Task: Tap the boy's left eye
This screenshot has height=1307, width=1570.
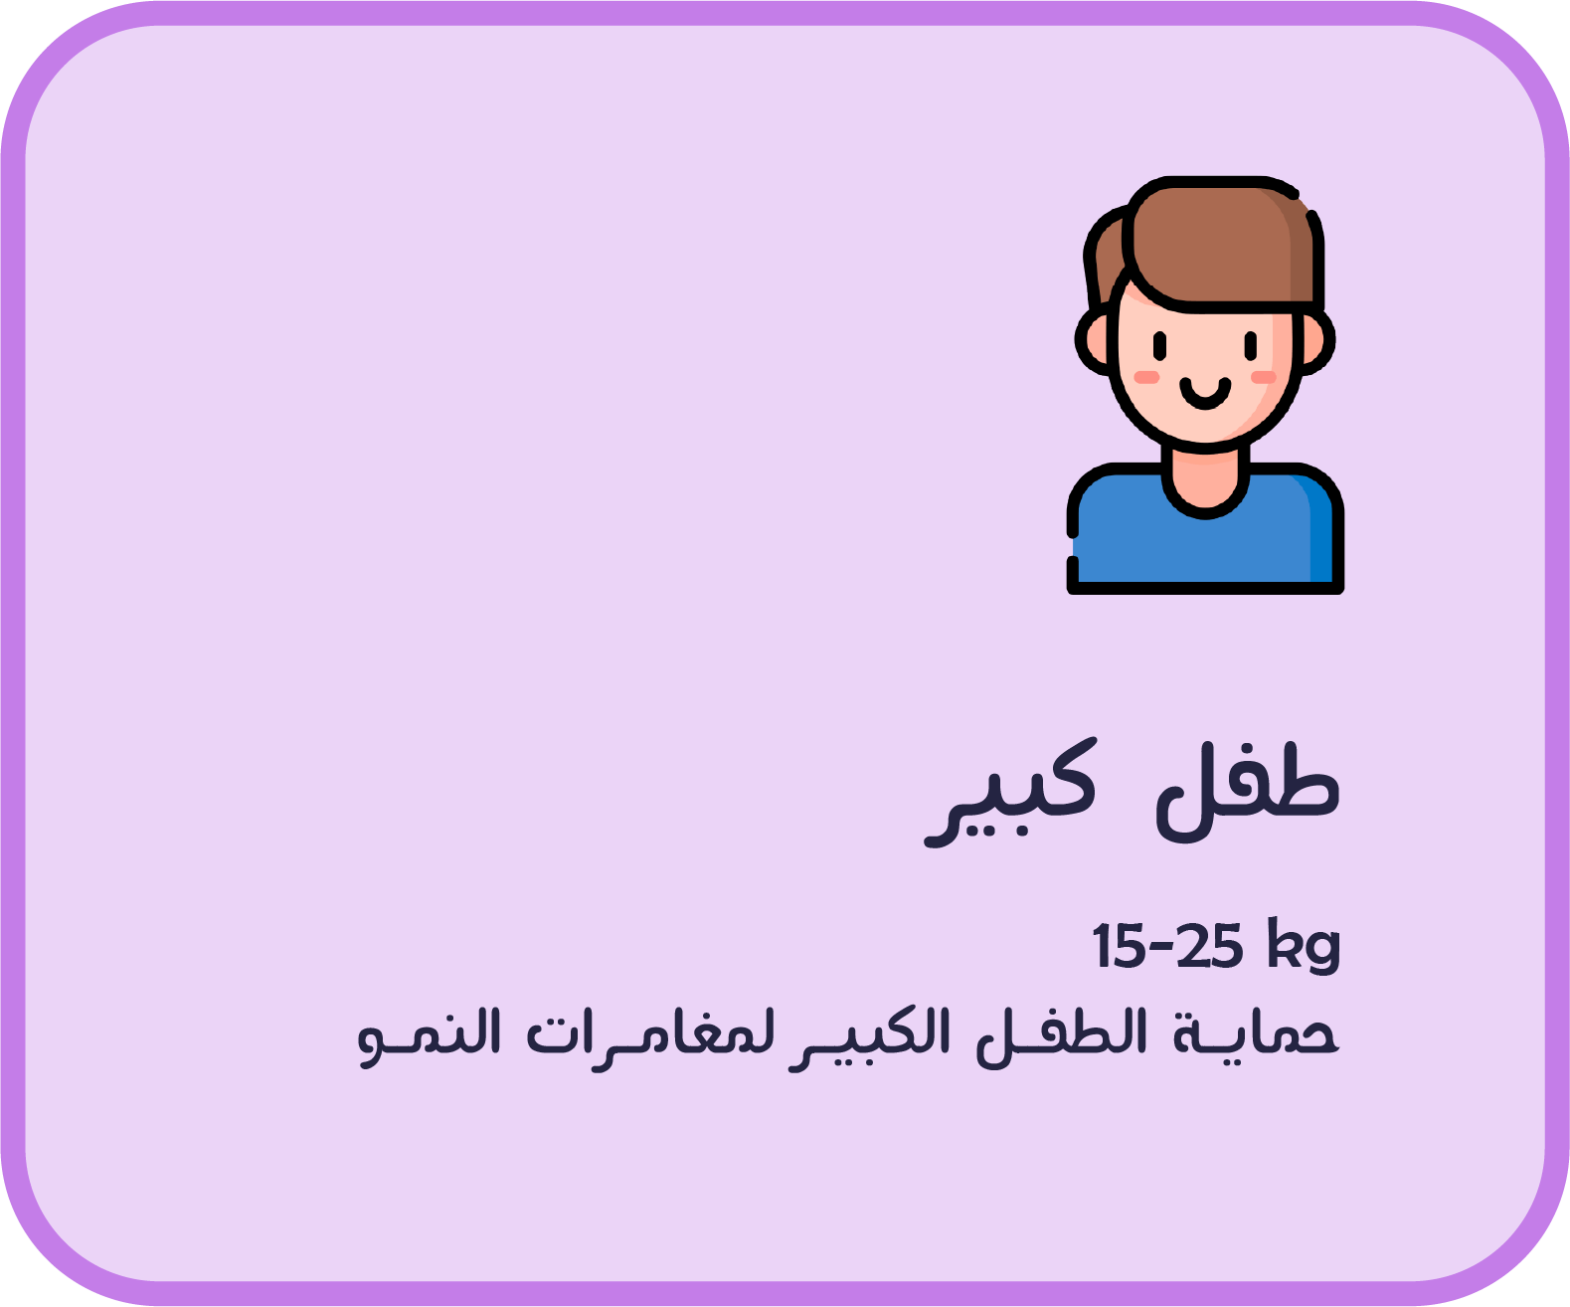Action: click(1159, 345)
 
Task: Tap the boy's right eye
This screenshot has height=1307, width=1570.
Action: click(1251, 345)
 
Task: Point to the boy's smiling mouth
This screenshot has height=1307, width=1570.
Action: click(1204, 394)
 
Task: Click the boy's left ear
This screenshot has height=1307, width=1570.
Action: click(1094, 341)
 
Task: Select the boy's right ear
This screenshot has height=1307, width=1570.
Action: click(1315, 341)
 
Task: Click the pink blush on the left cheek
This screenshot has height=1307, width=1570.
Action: click(1145, 377)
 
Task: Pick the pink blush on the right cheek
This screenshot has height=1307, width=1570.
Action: click(1263, 377)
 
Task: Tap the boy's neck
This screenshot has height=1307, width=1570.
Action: click(1204, 481)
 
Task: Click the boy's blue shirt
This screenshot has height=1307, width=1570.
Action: click(1204, 543)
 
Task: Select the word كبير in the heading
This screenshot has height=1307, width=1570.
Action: click(1010, 794)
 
